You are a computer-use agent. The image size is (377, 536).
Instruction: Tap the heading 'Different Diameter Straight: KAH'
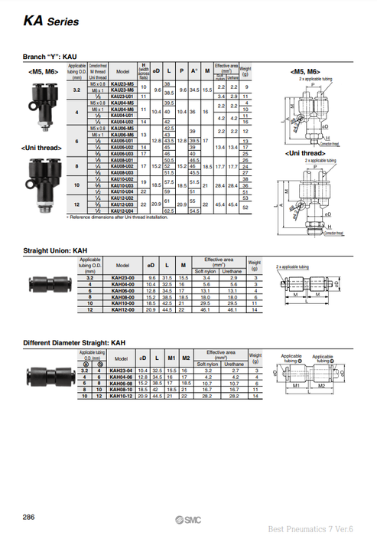click(74, 343)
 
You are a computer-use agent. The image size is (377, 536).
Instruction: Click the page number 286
click(28, 518)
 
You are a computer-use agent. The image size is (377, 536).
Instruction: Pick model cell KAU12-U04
click(123, 209)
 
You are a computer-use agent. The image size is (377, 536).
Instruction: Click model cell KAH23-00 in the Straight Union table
click(122, 276)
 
